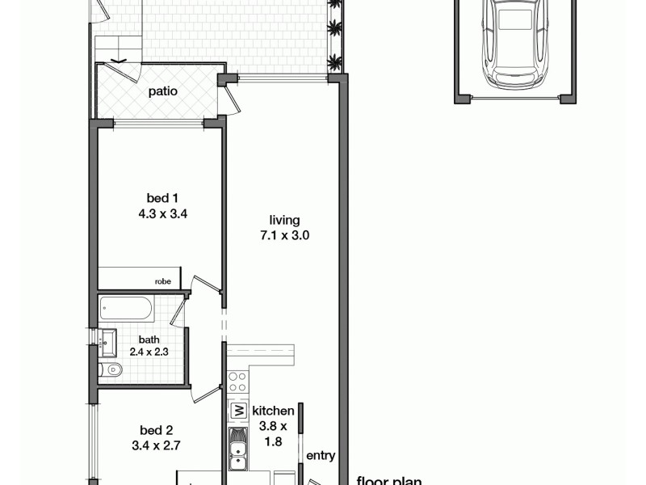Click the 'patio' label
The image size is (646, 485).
[163, 91]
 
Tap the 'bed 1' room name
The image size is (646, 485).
[157, 198]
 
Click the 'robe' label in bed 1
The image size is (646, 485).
[162, 282]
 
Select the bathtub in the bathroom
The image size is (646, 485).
[125, 308]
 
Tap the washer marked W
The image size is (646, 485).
[238, 411]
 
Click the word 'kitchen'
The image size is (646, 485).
[273, 411]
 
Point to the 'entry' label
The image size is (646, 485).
[321, 456]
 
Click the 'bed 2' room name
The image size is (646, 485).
[157, 431]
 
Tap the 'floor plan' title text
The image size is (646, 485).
[390, 480]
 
